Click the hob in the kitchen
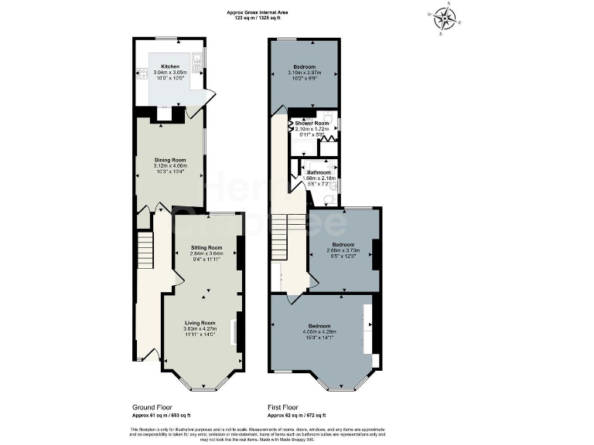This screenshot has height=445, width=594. [142, 75]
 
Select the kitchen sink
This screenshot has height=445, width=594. [200, 59]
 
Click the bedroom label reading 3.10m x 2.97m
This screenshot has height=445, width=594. [302, 71]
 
